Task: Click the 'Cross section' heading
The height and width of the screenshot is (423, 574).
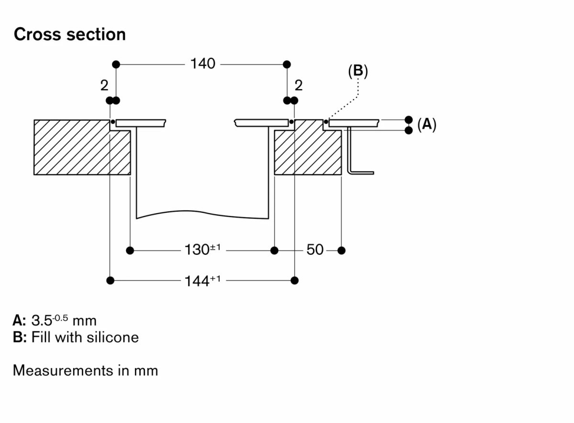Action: coord(70,34)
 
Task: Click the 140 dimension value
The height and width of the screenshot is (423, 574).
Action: coord(203,63)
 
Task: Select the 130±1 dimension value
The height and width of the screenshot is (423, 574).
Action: coord(202,250)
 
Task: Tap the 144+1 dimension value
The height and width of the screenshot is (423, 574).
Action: coord(202,280)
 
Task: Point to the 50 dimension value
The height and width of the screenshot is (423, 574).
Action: coord(315,250)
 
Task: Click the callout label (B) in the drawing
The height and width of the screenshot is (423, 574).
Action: coord(358,71)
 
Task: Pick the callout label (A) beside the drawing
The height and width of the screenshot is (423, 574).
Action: coord(427,125)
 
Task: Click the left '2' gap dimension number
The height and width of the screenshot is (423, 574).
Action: coord(104,86)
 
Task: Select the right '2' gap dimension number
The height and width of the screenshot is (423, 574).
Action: coord(299,86)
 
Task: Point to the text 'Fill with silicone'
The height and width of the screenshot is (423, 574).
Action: coord(85,337)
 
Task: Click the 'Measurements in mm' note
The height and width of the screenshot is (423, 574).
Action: coord(85,370)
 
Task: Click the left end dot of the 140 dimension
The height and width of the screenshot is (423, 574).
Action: coord(115,64)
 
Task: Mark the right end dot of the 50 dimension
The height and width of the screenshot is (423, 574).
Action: coord(341,250)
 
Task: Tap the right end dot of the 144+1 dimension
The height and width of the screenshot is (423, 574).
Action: coord(295,280)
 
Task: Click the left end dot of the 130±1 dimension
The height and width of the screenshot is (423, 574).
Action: coord(130,250)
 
